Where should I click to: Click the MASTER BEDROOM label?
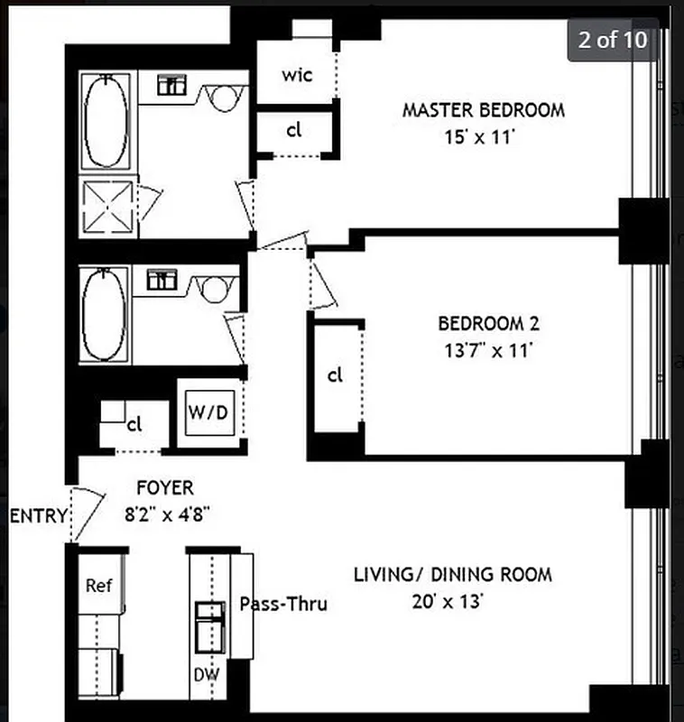pos(483,111)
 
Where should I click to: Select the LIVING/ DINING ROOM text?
pos(452,574)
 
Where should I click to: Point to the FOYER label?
pos(164,488)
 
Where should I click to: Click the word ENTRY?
pos(39,517)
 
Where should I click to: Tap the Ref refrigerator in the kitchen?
pos(98,586)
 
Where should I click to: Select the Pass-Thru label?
pos(282,604)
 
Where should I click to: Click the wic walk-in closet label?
pos(296,75)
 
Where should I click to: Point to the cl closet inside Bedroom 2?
pos(335,375)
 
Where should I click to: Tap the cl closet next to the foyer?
pos(134,423)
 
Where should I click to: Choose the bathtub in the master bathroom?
pos(106,122)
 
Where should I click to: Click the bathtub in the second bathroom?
pos(104,313)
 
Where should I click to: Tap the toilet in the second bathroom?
pos(216,288)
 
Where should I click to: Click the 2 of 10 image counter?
pos(613,41)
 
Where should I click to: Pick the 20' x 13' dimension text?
pos(452,602)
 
